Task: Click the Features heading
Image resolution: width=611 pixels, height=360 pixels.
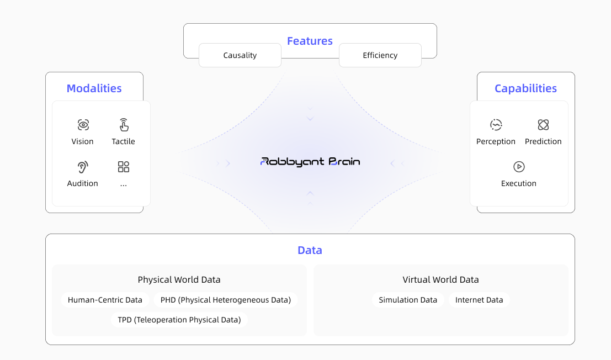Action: tap(310, 41)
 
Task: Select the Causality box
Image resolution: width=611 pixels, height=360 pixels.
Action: tap(240, 55)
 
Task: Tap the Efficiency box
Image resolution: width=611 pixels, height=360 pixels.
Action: tap(380, 55)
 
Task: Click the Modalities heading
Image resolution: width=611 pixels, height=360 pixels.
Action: tap(94, 88)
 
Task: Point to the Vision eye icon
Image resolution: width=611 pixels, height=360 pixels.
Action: tap(83, 125)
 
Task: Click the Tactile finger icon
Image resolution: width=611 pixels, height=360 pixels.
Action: tap(124, 125)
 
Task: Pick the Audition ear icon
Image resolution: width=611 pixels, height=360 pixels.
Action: tap(83, 167)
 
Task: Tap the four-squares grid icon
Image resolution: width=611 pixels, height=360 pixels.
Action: tap(124, 167)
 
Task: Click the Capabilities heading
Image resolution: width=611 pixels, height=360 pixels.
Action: tap(525, 88)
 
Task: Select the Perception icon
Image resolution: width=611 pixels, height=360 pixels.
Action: tap(496, 125)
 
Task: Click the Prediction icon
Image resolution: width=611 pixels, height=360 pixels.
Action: tap(543, 125)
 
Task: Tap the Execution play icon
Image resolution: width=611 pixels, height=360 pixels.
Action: tap(519, 167)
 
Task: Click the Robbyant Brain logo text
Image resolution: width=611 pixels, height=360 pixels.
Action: tap(310, 162)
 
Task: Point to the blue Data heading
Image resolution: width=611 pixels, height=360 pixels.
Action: tap(310, 250)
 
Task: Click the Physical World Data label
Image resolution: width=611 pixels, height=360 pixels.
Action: tap(179, 280)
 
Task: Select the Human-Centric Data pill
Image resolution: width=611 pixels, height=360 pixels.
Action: tap(105, 300)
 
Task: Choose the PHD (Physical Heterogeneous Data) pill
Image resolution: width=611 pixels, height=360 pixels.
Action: tap(226, 300)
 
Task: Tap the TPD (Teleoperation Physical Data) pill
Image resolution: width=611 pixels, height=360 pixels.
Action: tap(179, 320)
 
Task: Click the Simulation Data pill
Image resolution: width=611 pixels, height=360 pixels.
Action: tap(408, 300)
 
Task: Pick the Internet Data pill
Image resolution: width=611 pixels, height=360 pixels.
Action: tap(479, 300)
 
